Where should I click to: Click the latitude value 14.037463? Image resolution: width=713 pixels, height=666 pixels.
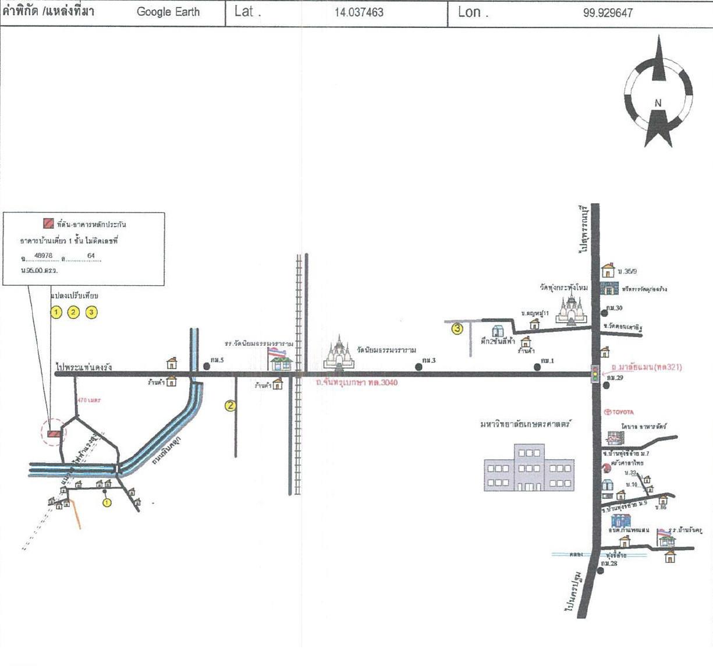[x=359, y=12]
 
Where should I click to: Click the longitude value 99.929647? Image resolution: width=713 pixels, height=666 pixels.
[x=608, y=13]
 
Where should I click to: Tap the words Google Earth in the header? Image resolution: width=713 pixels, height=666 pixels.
[x=168, y=12]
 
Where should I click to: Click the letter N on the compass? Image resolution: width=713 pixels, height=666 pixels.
[x=658, y=103]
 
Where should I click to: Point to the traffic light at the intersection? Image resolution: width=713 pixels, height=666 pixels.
[x=595, y=374]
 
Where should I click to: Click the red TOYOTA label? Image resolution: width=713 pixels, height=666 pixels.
[x=619, y=412]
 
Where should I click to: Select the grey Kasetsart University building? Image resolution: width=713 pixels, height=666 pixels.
[x=529, y=467]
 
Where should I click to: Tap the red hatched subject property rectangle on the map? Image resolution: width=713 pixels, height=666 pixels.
[x=54, y=433]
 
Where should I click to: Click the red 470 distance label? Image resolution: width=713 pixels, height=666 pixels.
[x=89, y=401]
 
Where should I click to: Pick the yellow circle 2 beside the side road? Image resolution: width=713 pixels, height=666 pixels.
[x=230, y=406]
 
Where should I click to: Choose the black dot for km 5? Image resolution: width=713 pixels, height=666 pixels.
[x=207, y=366]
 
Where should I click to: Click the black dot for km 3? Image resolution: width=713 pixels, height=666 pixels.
[x=418, y=367]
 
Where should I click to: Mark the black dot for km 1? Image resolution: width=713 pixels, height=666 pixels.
[x=537, y=367]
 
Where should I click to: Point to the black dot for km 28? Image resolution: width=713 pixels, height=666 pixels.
[x=601, y=571]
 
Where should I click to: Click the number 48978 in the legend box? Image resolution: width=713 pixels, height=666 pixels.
[x=43, y=256]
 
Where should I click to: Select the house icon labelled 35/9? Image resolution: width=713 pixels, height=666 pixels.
[x=608, y=270]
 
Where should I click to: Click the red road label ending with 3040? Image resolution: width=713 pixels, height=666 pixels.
[x=356, y=382]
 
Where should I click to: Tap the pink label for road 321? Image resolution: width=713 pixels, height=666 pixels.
[x=647, y=367]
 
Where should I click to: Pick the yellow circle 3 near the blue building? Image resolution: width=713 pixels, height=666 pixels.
[x=457, y=328]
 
